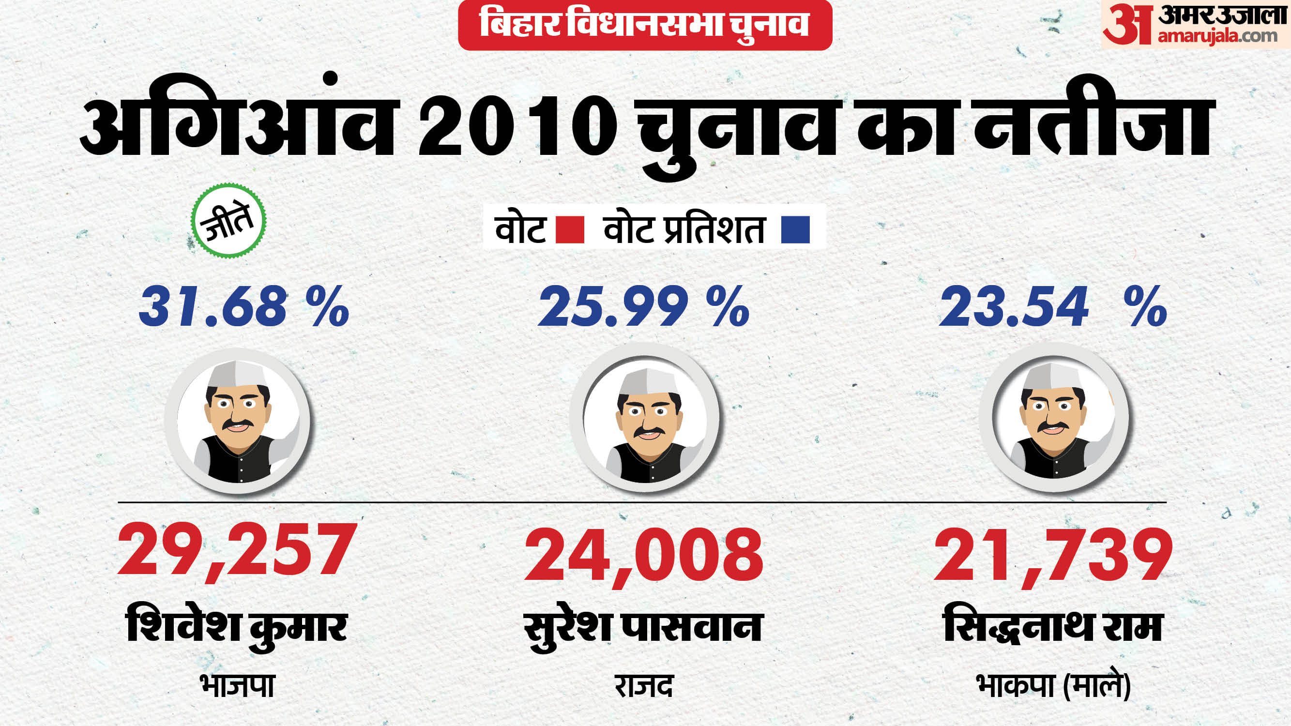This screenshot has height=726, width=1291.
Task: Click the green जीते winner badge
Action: pyautogui.click(x=228, y=220)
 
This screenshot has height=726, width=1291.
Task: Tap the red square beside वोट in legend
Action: pyautogui.click(x=570, y=230)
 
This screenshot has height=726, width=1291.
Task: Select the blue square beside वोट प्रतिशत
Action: pyautogui.click(x=795, y=230)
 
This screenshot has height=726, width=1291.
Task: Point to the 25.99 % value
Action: pyautogui.click(x=644, y=306)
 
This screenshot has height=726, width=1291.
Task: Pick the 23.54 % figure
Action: pyautogui.click(x=1052, y=306)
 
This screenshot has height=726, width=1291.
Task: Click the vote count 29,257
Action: pyautogui.click(x=237, y=550)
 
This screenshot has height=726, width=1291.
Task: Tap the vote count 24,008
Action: pyautogui.click(x=644, y=554)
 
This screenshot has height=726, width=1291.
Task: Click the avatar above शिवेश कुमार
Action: pyautogui.click(x=238, y=421)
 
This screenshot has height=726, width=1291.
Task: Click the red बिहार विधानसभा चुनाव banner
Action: pyautogui.click(x=645, y=25)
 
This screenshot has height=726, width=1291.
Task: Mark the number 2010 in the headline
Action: pyautogui.click(x=517, y=129)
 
